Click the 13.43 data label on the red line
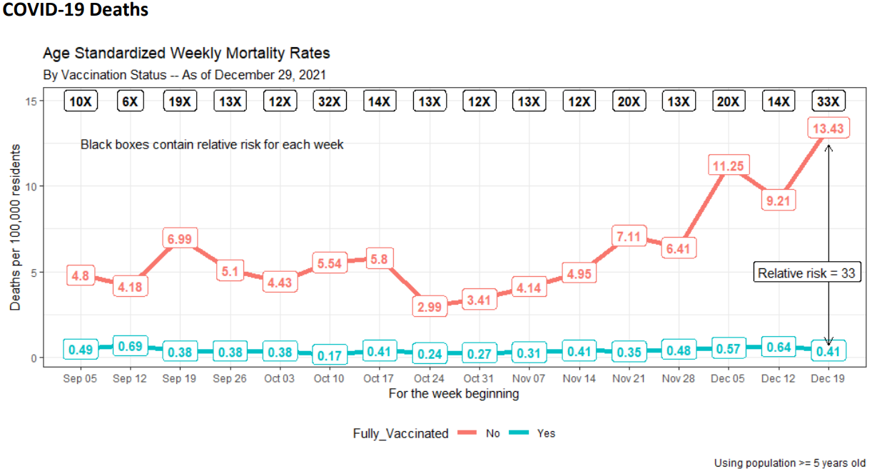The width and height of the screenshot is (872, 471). tap(828, 128)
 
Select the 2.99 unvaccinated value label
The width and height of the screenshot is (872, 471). tap(430, 307)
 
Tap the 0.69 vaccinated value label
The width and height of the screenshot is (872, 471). tap(131, 345)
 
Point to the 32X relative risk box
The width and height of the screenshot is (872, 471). tap(330, 101)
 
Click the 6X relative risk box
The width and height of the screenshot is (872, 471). tap(131, 101)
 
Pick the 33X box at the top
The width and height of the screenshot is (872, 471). tap(828, 101)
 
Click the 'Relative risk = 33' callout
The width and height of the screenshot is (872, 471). tap(807, 273)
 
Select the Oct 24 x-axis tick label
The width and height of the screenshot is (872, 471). tap(429, 378)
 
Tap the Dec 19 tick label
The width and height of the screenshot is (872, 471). tap(828, 378)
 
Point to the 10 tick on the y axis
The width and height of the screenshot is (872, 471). tap(31, 187)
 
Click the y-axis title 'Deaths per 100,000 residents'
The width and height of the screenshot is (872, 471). tap(15, 228)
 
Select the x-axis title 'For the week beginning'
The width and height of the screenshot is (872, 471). tap(454, 393)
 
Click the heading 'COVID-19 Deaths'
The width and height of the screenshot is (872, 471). tap(75, 9)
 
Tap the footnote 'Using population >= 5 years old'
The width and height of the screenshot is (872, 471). tap(790, 463)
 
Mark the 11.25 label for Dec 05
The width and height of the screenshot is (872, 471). tap(729, 166)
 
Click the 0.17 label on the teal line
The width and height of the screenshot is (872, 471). tap(330, 355)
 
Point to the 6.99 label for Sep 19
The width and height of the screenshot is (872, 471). tap(180, 238)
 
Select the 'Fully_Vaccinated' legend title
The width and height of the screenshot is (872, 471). tap(400, 434)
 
